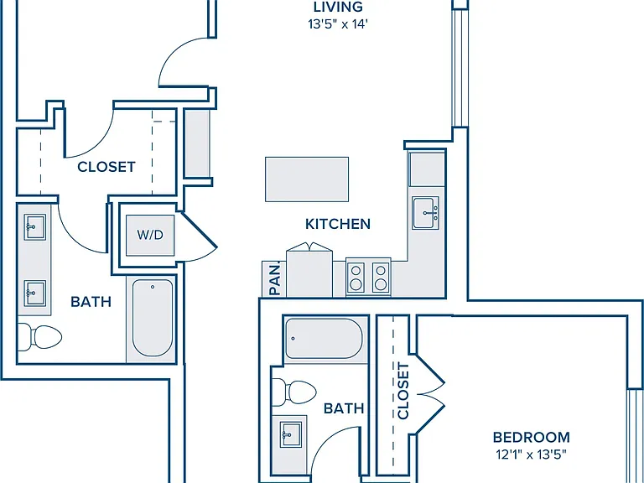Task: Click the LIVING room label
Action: point(338,7)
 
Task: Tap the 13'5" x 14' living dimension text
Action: point(338,24)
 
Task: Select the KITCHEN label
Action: point(338,224)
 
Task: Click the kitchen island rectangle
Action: point(307,179)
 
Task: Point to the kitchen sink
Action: point(425,213)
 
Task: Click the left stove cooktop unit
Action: point(356,277)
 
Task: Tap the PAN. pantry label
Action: point(275,280)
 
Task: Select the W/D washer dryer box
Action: point(150,235)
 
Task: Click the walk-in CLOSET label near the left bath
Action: point(106,167)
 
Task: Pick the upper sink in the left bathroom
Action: point(34,226)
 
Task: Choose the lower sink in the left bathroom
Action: point(34,293)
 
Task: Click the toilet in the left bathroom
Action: point(39,337)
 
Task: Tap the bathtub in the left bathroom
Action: point(153,318)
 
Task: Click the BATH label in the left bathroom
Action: point(91,302)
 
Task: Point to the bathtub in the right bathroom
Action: point(324,339)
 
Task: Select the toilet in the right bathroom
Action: point(293,392)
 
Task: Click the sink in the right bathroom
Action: point(290,434)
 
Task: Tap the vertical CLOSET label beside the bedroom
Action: point(403,391)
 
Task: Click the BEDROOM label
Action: point(531,438)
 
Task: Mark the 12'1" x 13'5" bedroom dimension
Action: point(531,454)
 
